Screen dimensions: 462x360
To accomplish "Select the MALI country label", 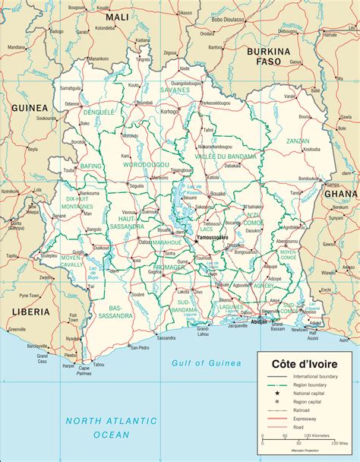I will pos(117,17).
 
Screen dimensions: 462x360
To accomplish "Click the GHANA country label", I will pos(340,193).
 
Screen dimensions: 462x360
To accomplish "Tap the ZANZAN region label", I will pos(298,141).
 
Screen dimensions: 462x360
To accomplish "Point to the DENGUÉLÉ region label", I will pos(98,112).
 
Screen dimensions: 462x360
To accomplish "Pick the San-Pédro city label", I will pos(139,327).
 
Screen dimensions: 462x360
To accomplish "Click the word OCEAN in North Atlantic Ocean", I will pos(111,434).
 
